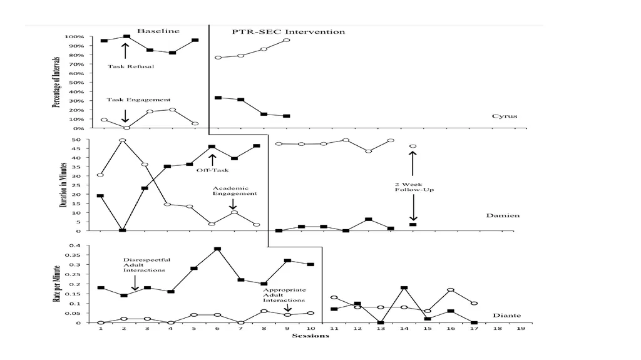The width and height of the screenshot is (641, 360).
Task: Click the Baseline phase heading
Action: point(158,31)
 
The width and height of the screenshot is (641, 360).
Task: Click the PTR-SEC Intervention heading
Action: point(289,32)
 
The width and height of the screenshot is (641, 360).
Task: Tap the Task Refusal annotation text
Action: point(131,66)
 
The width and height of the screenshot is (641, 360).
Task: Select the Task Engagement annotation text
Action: point(138,100)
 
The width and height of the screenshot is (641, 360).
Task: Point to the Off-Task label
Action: point(213,170)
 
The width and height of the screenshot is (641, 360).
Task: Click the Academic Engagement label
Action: point(235,190)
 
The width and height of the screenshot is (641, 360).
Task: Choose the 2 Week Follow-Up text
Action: point(414,187)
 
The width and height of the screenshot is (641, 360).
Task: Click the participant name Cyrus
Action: point(505,116)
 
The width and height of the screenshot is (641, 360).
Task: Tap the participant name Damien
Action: point(503,215)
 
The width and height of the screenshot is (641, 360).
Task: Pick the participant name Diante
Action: point(507,316)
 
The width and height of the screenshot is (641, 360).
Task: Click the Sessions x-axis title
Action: point(310,336)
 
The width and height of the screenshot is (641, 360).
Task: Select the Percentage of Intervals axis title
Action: point(56,82)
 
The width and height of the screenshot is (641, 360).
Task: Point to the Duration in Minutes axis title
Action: point(63,185)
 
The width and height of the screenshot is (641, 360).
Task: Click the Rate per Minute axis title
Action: point(56,284)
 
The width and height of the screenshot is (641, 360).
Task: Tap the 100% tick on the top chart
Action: point(74,37)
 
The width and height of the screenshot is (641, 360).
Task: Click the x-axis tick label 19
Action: point(521,328)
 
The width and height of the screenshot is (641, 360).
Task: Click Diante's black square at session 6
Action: point(217,249)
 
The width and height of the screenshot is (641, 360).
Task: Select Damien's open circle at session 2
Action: point(123,140)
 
